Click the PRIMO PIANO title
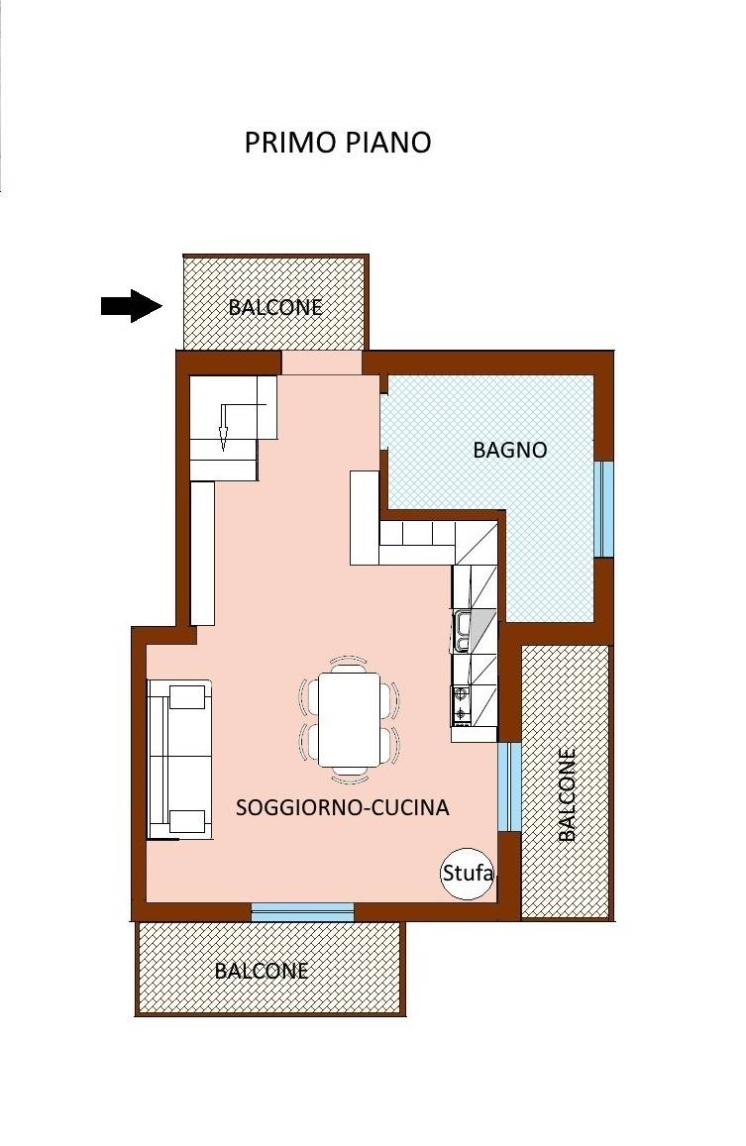pos(337,143)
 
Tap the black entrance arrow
pos(132,305)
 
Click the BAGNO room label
pos(510,450)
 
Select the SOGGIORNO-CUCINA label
pos(342,807)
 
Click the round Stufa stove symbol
pos(468,873)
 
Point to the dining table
pos(350,719)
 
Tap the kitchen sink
pos(462,632)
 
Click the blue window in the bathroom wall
pos(602,509)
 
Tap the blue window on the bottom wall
pos(303,911)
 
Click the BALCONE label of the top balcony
pos(275,307)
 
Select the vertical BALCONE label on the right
pos(566,794)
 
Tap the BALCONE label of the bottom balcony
pos(262,971)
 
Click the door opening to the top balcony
pos(322,364)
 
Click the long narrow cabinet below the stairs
pos(202,554)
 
